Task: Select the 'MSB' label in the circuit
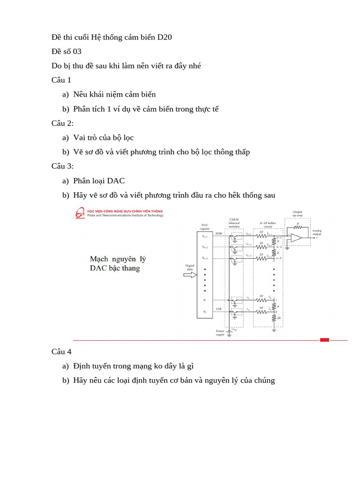[x=219, y=233]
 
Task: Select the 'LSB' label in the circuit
[x=219, y=309]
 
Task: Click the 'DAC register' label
[x=205, y=226]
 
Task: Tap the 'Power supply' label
[x=220, y=333]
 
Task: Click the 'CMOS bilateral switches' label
[x=234, y=223]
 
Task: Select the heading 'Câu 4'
[x=61, y=352]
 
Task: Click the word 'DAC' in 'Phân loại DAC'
[x=116, y=180]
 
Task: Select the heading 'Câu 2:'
[x=63, y=123]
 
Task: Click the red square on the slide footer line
[x=324, y=340]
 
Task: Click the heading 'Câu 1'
[x=61, y=80]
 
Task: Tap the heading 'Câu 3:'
[x=63, y=166]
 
